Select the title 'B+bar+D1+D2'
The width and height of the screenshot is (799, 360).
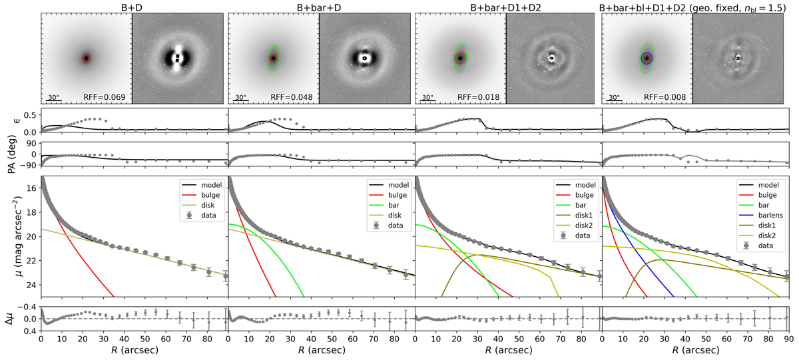click(505, 7)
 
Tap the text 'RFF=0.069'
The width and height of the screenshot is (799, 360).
click(105, 98)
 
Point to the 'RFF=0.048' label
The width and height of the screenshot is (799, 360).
click(291, 98)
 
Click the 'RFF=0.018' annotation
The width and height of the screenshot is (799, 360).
click(477, 98)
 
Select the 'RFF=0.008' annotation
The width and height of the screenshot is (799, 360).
click(664, 98)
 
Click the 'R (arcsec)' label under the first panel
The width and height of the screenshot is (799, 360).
click(134, 351)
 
